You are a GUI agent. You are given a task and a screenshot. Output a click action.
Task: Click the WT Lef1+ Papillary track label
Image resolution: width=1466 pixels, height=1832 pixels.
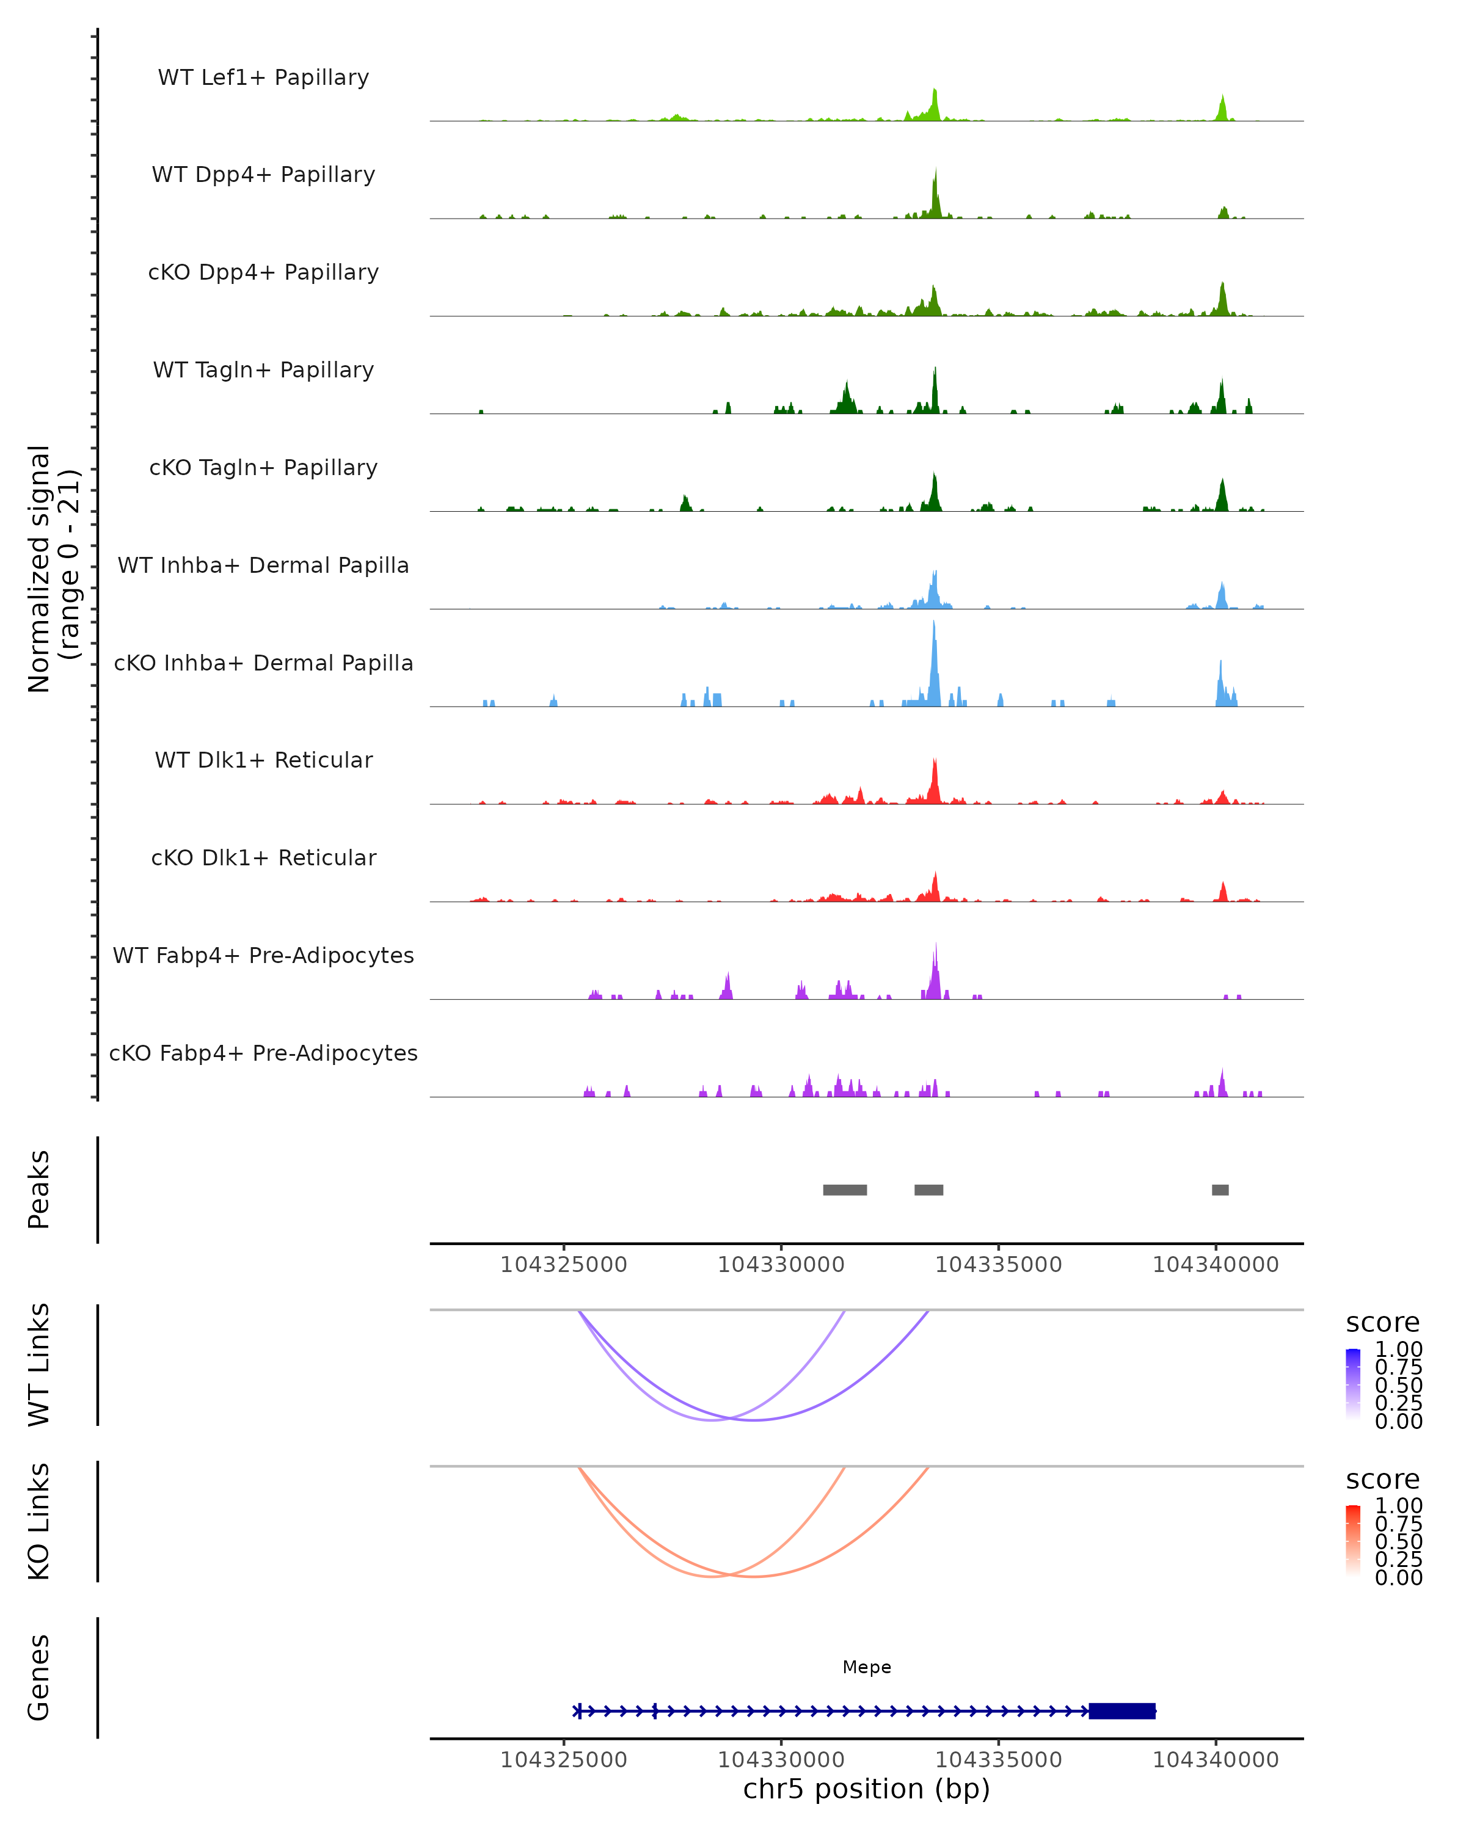click(x=263, y=78)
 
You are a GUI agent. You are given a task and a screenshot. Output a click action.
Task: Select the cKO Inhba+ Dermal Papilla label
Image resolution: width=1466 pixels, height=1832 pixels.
click(x=263, y=663)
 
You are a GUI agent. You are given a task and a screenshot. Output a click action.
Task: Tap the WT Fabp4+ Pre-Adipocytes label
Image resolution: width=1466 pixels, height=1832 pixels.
click(x=263, y=955)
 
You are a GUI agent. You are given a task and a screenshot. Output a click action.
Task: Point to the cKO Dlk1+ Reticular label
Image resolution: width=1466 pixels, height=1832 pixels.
click(x=263, y=857)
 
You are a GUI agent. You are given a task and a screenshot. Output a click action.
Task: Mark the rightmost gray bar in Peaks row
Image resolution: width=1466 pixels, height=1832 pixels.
click(x=1220, y=1190)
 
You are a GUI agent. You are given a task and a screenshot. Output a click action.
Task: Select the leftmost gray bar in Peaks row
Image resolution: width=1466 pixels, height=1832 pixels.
click(x=845, y=1190)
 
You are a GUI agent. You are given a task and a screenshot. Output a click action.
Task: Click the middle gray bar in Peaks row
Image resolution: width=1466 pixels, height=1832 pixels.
click(x=929, y=1190)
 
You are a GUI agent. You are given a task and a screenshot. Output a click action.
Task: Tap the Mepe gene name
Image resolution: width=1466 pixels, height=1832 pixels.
click(x=867, y=1667)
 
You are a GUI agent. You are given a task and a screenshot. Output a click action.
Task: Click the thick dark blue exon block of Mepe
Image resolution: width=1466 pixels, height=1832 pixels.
click(x=1122, y=1710)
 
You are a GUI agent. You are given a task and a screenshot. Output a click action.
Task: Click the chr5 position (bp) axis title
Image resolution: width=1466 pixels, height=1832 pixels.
click(x=867, y=1789)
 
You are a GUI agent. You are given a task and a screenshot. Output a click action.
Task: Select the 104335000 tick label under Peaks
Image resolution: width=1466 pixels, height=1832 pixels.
click(x=999, y=1265)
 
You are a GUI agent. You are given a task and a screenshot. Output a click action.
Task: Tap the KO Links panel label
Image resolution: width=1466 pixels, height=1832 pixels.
click(x=39, y=1521)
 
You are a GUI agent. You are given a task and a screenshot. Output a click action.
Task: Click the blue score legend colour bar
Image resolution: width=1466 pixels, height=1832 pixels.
click(x=1353, y=1384)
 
